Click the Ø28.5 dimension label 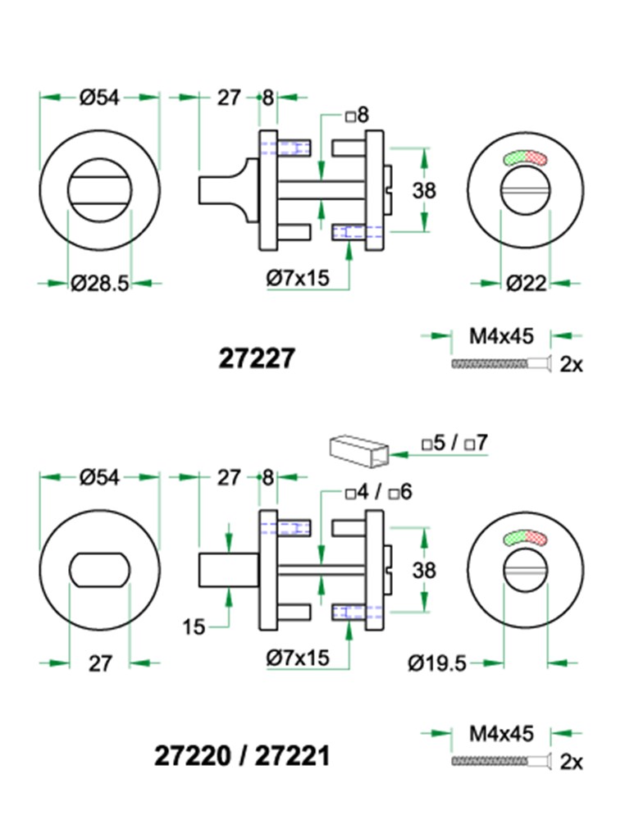click(99, 284)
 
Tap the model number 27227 click(256, 358)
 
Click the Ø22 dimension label click(526, 284)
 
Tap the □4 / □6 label click(378, 493)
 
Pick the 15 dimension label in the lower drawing click(194, 628)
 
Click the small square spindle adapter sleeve click(357, 450)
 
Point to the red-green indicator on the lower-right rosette click(526, 538)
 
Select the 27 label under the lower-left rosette click(99, 663)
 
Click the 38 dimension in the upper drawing click(424, 191)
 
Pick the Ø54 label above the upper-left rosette click(99, 98)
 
